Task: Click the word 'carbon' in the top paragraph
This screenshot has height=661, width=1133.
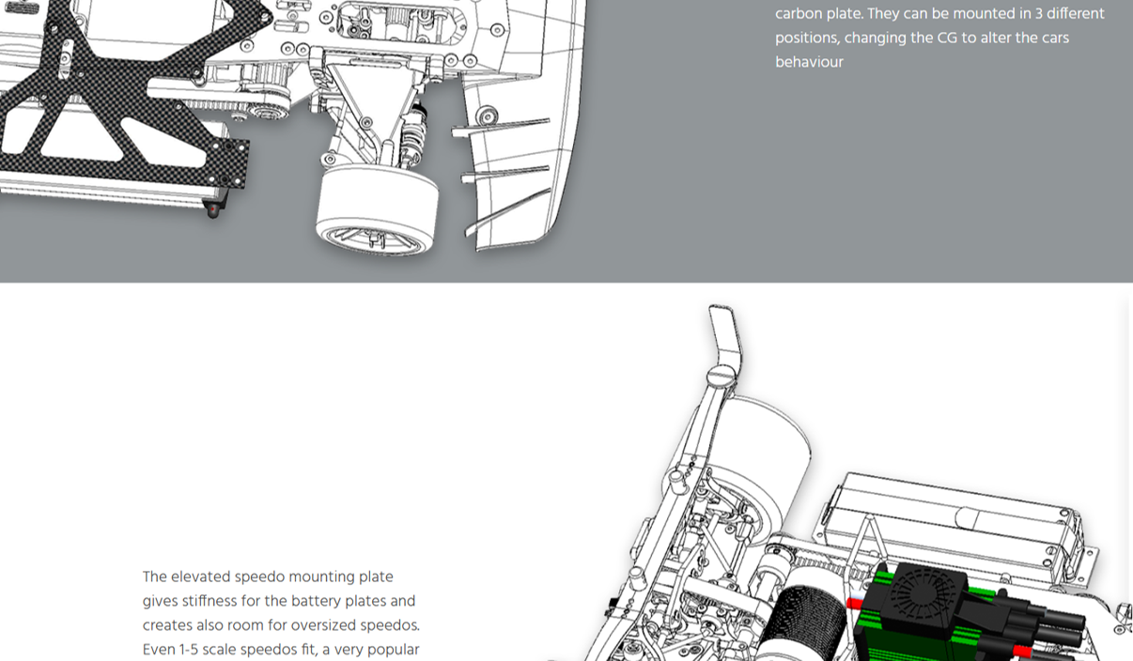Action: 801,14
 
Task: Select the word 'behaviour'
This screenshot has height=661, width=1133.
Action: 809,62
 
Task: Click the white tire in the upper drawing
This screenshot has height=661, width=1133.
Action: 378,209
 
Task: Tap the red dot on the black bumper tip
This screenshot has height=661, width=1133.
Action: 214,208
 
